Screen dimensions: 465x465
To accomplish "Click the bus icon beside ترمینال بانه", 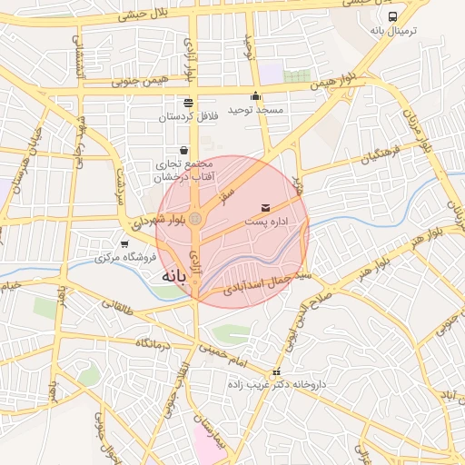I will tap(392, 16).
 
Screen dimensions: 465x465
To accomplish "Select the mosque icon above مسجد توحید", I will tap(255, 96).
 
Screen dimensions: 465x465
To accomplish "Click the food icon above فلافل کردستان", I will tap(188, 103).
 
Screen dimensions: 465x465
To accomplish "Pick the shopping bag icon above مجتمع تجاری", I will tap(184, 150).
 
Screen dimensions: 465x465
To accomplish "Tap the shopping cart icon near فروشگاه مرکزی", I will tap(124, 244).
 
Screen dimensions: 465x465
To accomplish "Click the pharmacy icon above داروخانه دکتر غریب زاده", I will tap(276, 372).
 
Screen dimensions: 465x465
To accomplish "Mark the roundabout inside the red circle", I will tap(195, 218).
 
